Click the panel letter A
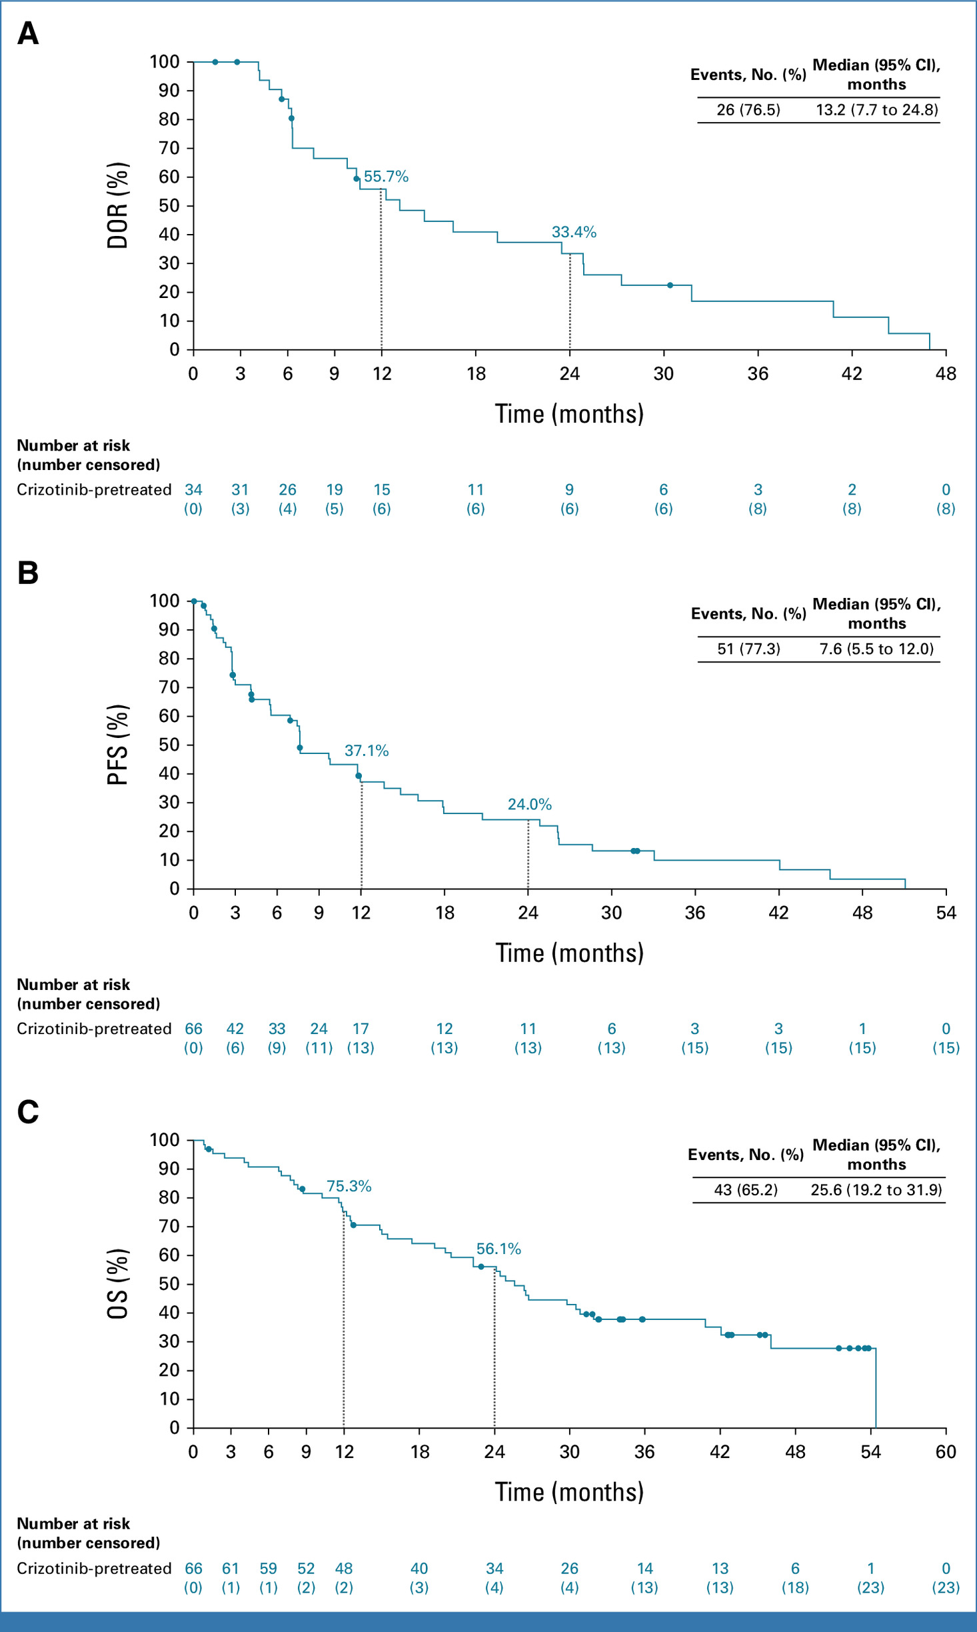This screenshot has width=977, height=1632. [x=28, y=33]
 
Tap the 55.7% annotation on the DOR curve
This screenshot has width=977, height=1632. [x=386, y=177]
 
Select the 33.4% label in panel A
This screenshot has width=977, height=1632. [x=574, y=232]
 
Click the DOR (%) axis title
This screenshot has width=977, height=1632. [x=117, y=205]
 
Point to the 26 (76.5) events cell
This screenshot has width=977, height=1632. [x=748, y=110]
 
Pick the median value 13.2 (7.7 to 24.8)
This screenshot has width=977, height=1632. [x=877, y=110]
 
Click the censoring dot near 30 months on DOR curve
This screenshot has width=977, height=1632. [x=670, y=285]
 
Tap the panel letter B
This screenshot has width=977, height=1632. [x=28, y=573]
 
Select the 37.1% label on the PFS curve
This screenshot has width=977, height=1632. [x=367, y=751]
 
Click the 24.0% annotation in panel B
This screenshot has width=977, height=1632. [x=530, y=805]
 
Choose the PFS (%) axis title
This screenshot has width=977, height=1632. [x=117, y=745]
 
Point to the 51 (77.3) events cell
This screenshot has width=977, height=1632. [x=748, y=649]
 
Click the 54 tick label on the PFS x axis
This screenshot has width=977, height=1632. [x=946, y=913]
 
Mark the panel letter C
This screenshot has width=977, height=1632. [x=28, y=1111]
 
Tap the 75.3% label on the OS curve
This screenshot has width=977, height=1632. [x=349, y=1186]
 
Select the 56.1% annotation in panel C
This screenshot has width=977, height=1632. [x=498, y=1249]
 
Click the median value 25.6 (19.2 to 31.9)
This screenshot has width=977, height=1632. [x=876, y=1190]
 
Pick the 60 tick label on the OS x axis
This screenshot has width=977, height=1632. [x=946, y=1451]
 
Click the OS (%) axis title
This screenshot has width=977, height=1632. [x=117, y=1283]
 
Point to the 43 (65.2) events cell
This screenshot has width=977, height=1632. [x=746, y=1190]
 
